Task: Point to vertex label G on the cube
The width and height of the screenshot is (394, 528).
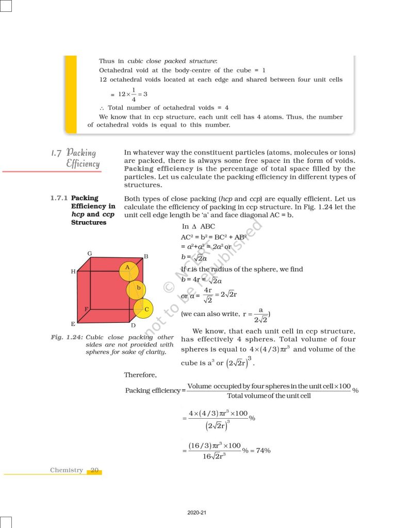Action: (x=90, y=254)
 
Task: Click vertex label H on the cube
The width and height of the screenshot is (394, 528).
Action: (x=73, y=271)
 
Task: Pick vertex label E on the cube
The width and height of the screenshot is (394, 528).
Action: (x=73, y=324)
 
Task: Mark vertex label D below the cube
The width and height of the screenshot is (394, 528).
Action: (x=133, y=325)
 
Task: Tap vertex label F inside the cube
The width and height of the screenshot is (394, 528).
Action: (x=86, y=308)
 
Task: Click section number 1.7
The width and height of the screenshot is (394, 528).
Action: (x=57, y=153)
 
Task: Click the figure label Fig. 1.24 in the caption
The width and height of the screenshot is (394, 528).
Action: (x=67, y=338)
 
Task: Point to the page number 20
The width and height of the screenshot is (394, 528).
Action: (x=94, y=470)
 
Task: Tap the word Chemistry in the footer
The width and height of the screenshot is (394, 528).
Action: (x=67, y=470)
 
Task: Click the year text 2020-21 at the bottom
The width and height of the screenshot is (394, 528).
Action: (x=197, y=513)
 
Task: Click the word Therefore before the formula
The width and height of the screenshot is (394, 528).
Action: (x=140, y=374)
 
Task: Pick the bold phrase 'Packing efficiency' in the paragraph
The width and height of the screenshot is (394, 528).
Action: (x=153, y=169)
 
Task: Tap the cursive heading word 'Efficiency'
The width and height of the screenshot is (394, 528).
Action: (x=83, y=163)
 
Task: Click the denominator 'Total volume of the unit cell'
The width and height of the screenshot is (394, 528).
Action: (x=269, y=396)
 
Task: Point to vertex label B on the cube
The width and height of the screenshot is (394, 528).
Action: (x=146, y=256)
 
